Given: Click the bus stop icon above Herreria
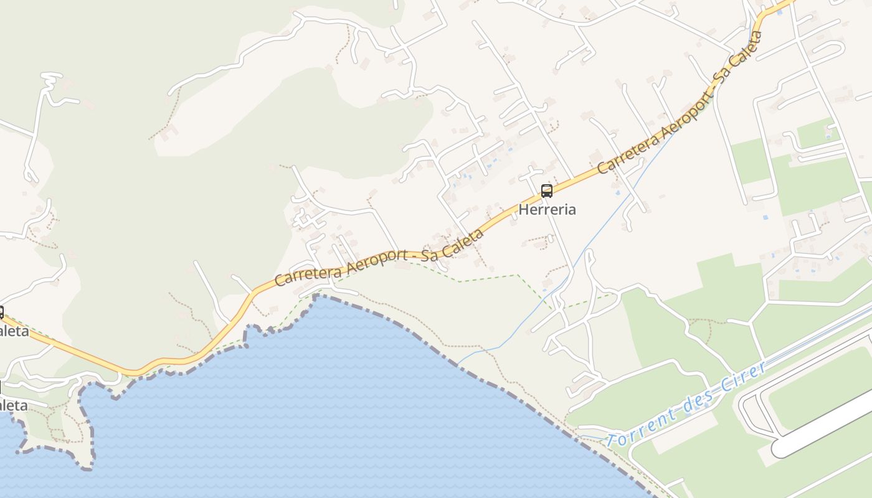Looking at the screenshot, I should tap(546, 191).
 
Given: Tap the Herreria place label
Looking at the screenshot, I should tap(547, 210).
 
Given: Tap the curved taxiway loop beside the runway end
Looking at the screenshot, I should tap(745, 411).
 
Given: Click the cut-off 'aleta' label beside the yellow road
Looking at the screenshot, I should tap(14, 331).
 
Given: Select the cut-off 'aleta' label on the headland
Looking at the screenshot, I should tap(14, 406).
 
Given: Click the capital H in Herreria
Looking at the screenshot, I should tap(523, 210).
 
